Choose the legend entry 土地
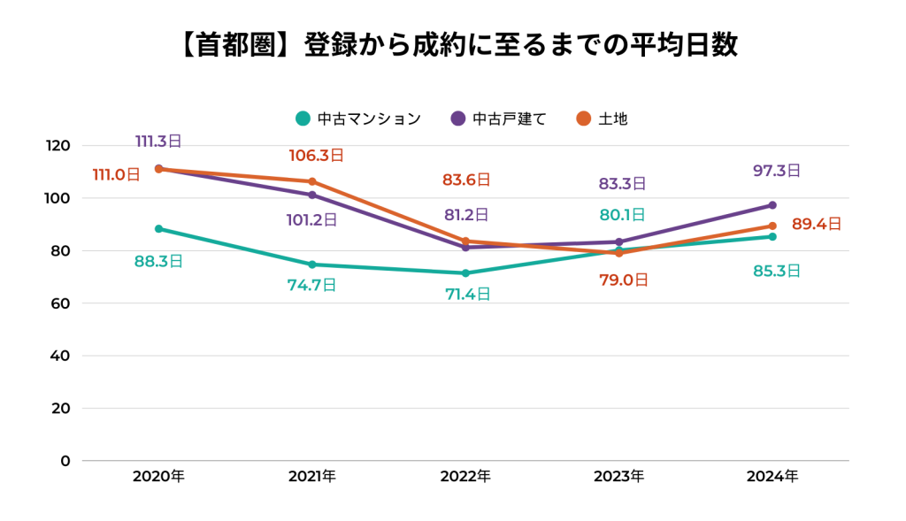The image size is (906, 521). pos(603,118)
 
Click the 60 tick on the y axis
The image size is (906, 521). pos(61,303)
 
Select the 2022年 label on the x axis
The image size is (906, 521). pos(465,476)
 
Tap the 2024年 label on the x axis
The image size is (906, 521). pos(772,476)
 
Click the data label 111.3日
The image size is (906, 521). pos(158,141)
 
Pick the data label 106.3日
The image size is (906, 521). pos(316,156)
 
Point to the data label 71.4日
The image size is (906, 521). pos(468,295)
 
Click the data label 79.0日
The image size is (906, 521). pos(624,280)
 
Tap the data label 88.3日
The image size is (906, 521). pos(158,261)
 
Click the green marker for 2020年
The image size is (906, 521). pos(159,229)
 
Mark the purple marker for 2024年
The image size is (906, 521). pos(772,205)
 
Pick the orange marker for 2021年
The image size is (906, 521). pos(312,181)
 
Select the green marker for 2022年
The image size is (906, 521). pos(466,273)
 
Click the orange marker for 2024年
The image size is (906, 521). pos(772,226)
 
